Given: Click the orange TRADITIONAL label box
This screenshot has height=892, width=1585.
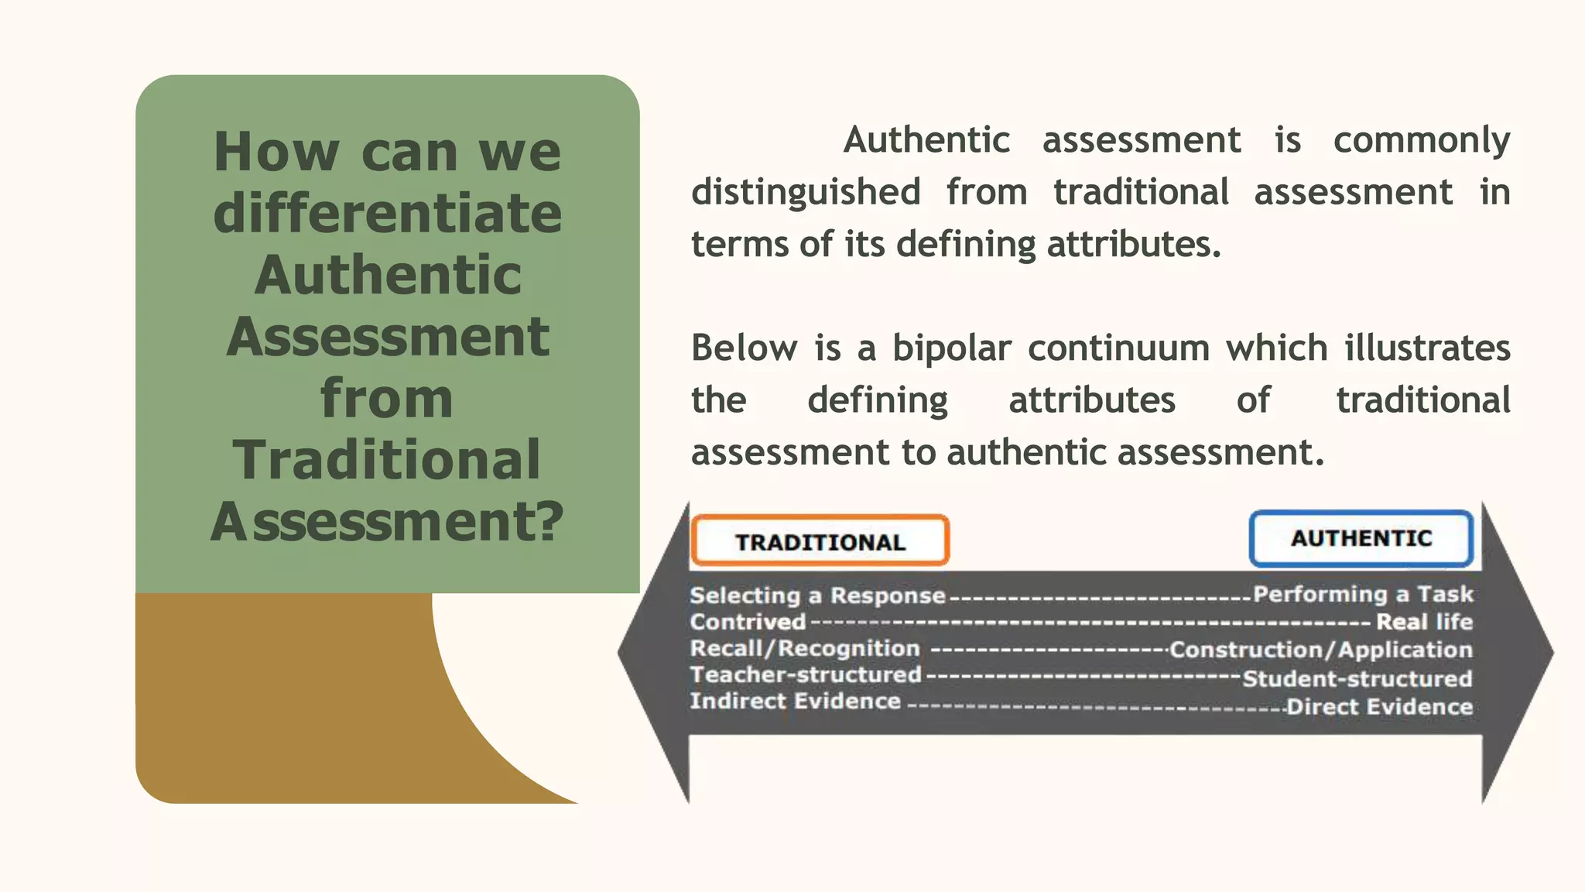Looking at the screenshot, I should pos(820,540).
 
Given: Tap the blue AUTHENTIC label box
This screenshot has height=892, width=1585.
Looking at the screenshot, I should pos(1361,538).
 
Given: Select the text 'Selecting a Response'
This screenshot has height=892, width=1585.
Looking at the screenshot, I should pos(817,595).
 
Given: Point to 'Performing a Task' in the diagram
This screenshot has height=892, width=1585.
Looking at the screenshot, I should pos(1363,594).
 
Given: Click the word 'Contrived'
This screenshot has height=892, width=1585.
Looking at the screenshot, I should pos(748,622).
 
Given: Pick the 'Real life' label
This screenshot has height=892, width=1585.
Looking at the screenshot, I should pos(1424,622).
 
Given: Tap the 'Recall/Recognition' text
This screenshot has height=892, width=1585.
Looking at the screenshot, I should pos(805,648).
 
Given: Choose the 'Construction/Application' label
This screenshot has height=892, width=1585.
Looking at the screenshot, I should pos(1320,650).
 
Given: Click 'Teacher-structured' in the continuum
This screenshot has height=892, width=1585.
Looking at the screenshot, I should pos(806,674).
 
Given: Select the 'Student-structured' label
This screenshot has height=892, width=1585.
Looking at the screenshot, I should pos(1357,679).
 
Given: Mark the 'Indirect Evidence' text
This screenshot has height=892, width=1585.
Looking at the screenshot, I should pos(795,701).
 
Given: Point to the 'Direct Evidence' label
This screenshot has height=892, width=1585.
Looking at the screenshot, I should pos(1379,707).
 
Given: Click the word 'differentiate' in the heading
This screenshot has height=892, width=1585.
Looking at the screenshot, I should pos(388,213).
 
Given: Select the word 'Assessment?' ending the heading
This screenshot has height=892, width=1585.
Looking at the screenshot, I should pos(387,521).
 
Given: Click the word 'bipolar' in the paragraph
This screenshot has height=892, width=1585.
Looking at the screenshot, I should pos(951,348).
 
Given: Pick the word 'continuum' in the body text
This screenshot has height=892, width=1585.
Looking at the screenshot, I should pos(1118,348).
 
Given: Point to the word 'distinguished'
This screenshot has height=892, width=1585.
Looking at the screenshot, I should pos(806,192).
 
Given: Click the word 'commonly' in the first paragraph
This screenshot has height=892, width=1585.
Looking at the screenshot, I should pos(1421,140).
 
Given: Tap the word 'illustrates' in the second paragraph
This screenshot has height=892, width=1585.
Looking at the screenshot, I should pos(1427,348).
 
